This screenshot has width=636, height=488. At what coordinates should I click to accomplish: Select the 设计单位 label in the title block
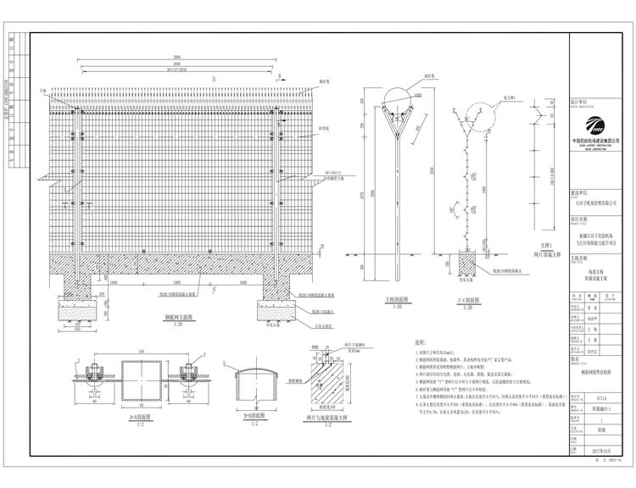tap(578, 100)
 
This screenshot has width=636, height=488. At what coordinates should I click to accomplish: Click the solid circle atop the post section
tap(396, 97)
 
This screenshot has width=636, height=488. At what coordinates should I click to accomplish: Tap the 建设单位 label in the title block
tap(578, 193)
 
